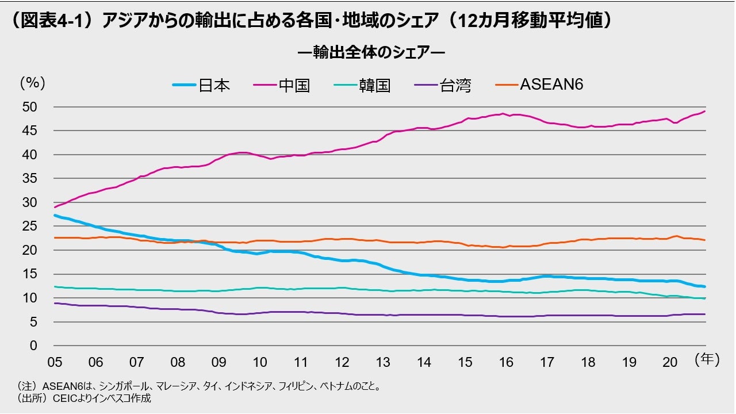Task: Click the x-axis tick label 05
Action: tap(55, 362)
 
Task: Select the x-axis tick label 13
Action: tap(382, 362)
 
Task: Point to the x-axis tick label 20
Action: tap(669, 362)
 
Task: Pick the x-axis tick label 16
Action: tap(505, 362)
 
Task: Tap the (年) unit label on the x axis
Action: tap(707, 361)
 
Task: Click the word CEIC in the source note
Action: tap(64, 398)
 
